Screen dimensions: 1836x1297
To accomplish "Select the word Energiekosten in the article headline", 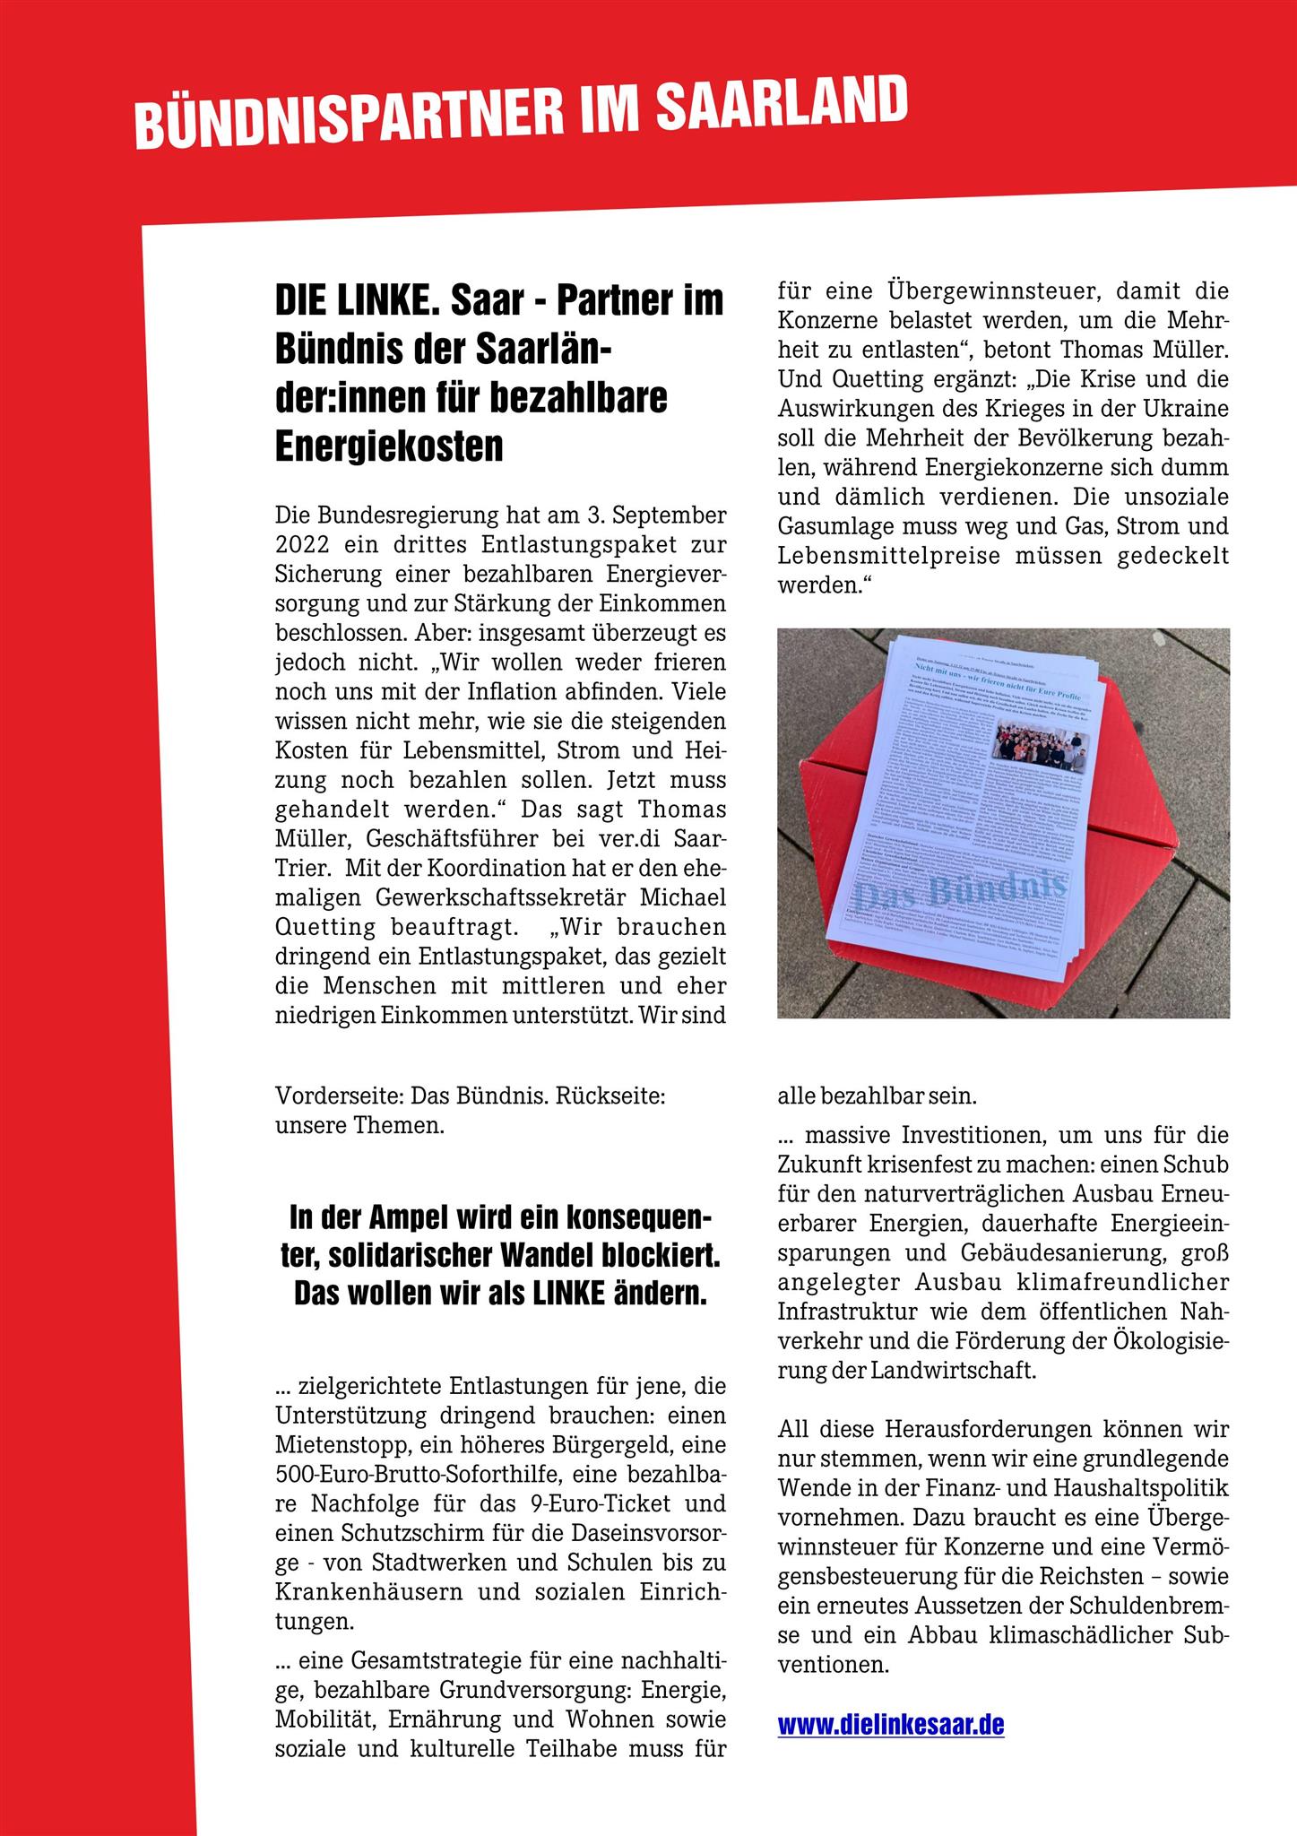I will (x=389, y=446).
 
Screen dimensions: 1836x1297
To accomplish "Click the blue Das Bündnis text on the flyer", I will (x=959, y=891).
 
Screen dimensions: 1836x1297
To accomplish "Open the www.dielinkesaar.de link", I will (x=890, y=1725).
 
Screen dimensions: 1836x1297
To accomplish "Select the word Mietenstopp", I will (x=337, y=1445).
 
